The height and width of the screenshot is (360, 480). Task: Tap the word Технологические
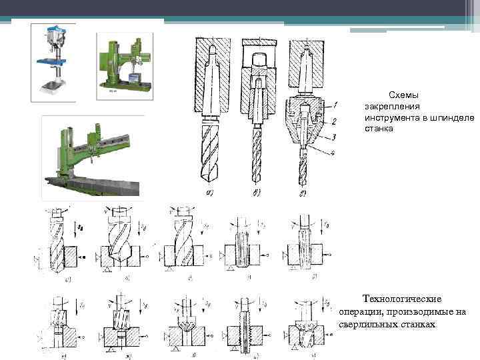pyautogui.click(x=402, y=299)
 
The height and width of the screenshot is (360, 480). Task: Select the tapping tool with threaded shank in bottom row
pyautogui.click(x=242, y=327)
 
